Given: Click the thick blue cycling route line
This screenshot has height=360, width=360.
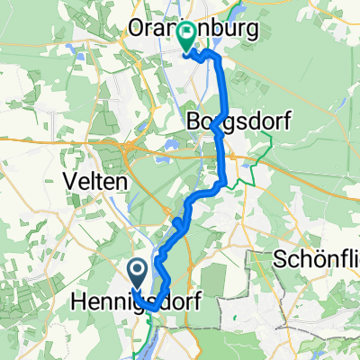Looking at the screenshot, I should click(223, 153).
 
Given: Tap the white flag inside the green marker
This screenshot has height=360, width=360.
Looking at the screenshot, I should click(187, 35).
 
